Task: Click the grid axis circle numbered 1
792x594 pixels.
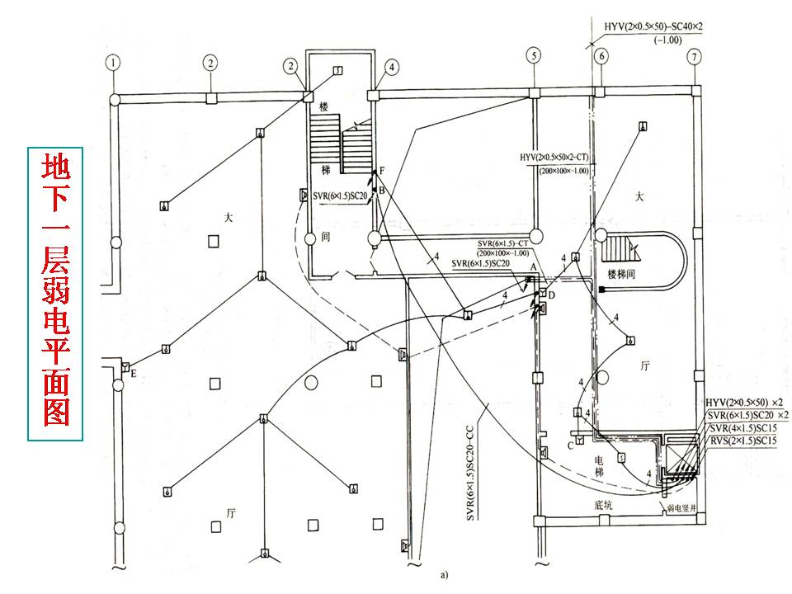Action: point(113,61)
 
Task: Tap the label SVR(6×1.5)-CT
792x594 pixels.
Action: point(503,244)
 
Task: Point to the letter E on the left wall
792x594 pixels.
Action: point(133,373)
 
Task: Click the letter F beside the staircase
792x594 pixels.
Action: point(382,171)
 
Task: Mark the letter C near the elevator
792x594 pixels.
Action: point(568,445)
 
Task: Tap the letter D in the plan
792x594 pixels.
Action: point(552,295)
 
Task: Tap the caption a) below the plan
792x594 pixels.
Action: point(444,572)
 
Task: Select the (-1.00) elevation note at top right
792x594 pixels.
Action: point(666,40)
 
